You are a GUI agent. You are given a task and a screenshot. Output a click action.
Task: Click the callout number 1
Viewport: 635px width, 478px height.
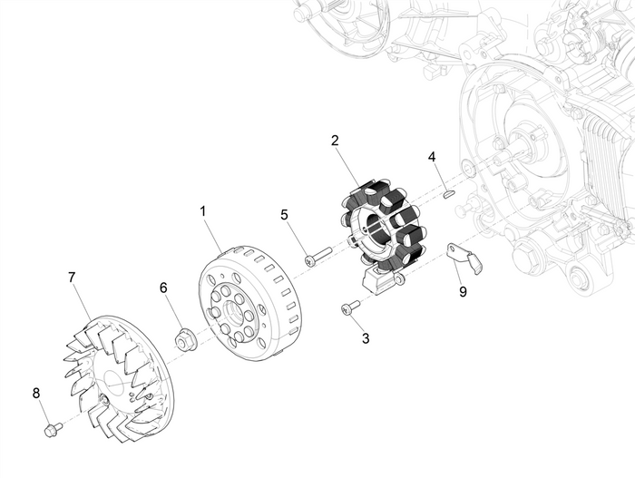(202, 210)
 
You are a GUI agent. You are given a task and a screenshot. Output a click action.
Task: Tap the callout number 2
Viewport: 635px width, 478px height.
(335, 141)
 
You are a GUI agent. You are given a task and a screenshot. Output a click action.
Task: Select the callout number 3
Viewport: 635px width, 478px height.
(366, 338)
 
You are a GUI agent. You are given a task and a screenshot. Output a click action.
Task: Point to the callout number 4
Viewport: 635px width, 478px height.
(433, 157)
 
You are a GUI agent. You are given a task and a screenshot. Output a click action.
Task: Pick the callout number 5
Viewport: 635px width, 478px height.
(284, 215)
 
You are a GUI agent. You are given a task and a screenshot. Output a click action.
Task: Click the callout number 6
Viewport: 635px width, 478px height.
(163, 288)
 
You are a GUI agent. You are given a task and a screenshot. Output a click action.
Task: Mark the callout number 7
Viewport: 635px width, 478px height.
(72, 276)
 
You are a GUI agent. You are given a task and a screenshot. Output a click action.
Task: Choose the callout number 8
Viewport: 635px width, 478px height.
(36, 393)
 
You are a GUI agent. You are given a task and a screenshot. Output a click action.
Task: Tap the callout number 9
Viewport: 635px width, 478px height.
(463, 292)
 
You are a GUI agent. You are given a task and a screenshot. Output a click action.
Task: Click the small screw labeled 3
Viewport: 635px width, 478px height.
(350, 309)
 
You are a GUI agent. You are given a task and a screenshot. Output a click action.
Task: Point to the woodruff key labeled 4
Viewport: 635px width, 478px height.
(448, 192)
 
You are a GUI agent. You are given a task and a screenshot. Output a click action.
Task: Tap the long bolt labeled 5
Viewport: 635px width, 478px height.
(318, 257)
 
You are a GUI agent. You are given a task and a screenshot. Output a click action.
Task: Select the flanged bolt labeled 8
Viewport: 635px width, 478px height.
(54, 426)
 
